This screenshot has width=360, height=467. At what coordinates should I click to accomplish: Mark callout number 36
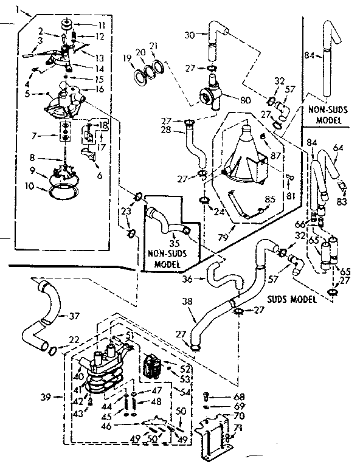(x=187, y=279)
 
